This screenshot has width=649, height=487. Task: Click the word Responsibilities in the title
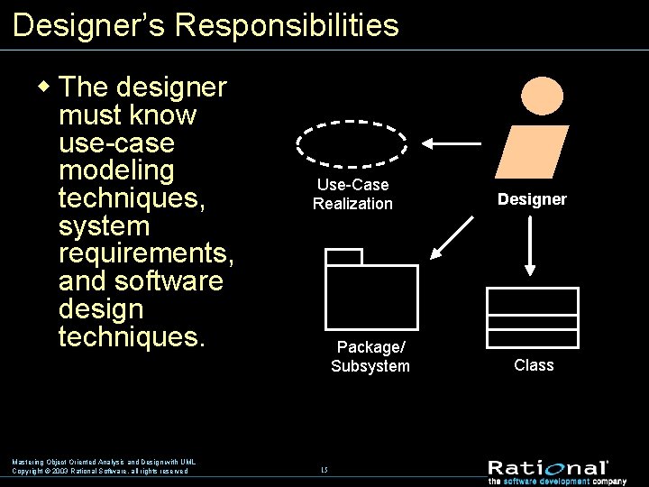coord(287,24)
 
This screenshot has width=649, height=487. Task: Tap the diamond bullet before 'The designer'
coord(43,87)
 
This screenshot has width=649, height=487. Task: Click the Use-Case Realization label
coord(352,194)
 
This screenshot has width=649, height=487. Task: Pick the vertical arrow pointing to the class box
coord(532,246)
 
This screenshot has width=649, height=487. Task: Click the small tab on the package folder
coord(343,256)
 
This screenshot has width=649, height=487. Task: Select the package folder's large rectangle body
coord(371,297)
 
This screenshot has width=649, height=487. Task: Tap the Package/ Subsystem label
coord(370,356)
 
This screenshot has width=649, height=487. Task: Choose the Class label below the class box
coord(534,365)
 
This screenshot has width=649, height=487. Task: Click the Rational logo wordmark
coord(548,467)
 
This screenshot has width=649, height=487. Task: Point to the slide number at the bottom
coord(324,470)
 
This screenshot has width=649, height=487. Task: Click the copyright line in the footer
coord(100,471)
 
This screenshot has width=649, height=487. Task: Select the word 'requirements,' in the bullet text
coord(147,253)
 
